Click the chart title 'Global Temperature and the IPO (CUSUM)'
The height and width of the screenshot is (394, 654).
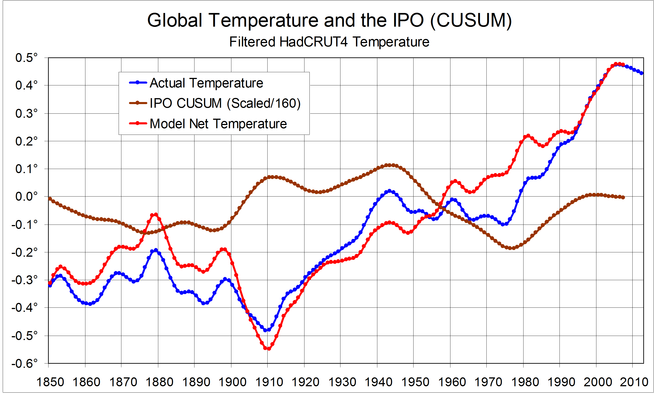[329, 20]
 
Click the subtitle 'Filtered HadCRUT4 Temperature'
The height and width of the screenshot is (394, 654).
[329, 42]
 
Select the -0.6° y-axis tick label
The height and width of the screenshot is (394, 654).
[24, 363]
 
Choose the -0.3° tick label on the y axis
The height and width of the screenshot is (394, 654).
[24, 280]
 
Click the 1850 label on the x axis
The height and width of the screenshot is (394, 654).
[50, 382]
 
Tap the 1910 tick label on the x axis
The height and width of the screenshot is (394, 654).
[269, 382]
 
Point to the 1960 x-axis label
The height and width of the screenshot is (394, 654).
[452, 382]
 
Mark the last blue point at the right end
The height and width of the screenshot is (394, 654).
[641, 73]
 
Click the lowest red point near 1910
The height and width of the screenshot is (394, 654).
[269, 349]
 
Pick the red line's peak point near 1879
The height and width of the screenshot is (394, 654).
[156, 215]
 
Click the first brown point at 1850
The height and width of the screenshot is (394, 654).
[50, 199]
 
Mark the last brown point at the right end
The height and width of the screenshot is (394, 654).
[623, 197]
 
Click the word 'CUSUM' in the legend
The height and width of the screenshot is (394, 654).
[199, 103]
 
